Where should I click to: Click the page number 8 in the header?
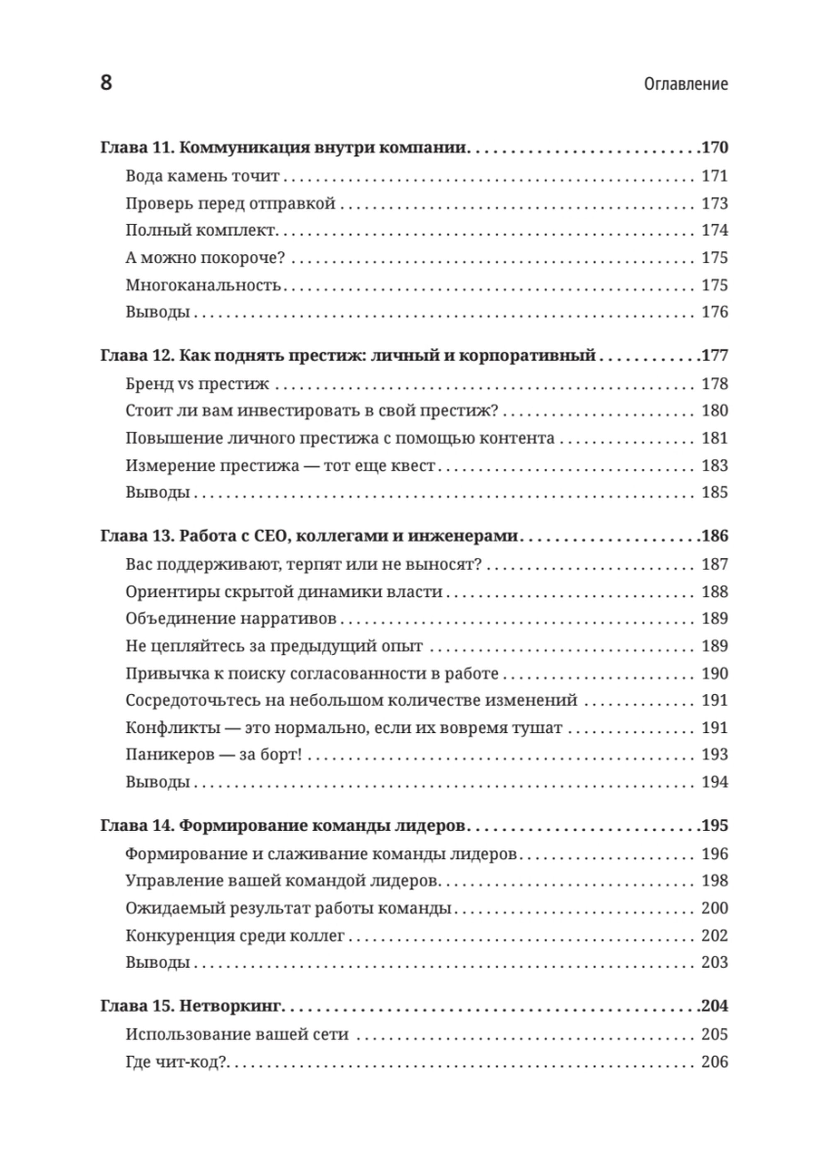[x=106, y=83]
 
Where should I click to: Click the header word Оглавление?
[x=686, y=84]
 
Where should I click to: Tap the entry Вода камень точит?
[x=202, y=176]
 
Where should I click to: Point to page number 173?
[x=714, y=203]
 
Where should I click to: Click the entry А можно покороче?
[x=205, y=258]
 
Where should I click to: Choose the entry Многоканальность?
[x=203, y=285]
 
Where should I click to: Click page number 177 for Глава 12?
[x=715, y=355]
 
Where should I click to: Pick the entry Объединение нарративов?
[x=231, y=619]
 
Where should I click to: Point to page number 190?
[x=714, y=673]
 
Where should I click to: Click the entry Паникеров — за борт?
[x=213, y=755]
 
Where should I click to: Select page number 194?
[x=714, y=782]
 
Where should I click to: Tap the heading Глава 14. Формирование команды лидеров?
[x=283, y=826]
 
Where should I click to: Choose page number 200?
[x=714, y=908]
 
